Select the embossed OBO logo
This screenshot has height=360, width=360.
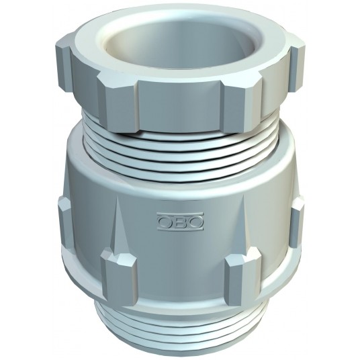click(x=180, y=221)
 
